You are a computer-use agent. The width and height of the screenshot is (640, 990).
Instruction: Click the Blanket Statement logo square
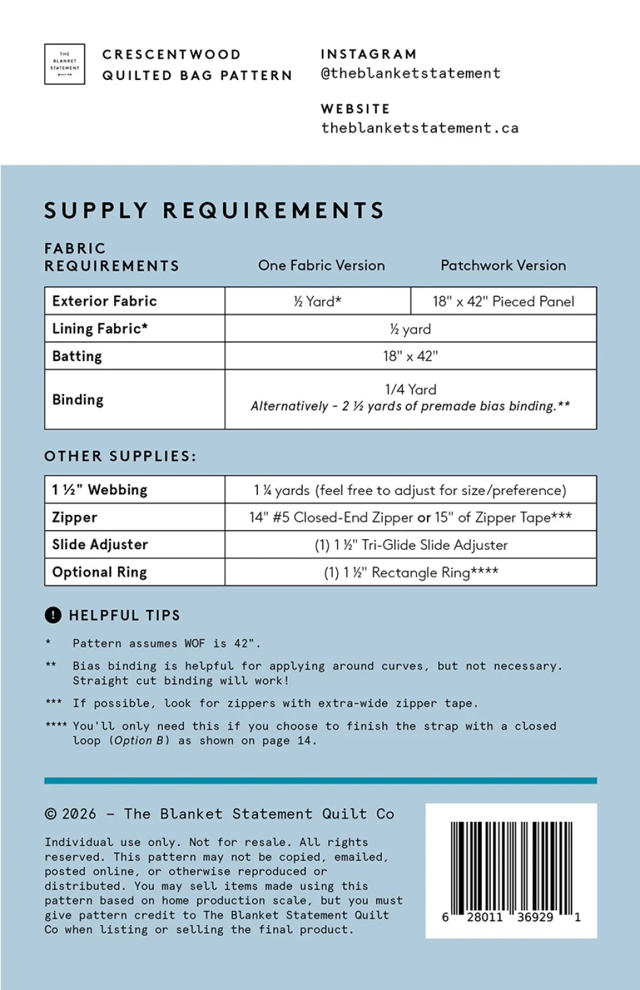pos(65,64)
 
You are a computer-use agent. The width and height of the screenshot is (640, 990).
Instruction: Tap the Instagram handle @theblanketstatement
pos(410,73)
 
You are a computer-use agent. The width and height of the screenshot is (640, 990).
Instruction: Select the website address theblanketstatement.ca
pos(420,128)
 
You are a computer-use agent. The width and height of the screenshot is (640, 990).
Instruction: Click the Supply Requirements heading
pos(214,211)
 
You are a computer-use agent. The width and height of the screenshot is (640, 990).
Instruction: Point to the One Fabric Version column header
pos(321,265)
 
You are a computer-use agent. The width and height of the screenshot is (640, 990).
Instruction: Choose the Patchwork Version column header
pos(503,265)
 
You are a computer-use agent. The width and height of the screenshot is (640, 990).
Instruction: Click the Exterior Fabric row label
pos(104,301)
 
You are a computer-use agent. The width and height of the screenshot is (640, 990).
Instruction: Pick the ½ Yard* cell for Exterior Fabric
pos(317,301)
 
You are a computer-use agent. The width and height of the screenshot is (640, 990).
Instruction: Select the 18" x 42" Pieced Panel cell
pos(503,301)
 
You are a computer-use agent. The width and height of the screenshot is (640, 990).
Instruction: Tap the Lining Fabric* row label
pos(100,329)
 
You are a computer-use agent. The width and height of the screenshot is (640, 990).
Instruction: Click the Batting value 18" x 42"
pos(410,356)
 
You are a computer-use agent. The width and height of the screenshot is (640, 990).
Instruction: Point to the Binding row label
pos(78,400)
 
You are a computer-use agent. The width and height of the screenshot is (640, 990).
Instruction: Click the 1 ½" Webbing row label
pos(100,490)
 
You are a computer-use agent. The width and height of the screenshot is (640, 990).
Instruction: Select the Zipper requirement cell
pos(410,517)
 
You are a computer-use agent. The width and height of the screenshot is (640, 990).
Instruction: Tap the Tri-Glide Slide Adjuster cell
pos(410,545)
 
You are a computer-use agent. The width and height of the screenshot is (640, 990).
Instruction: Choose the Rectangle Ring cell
pos(410,572)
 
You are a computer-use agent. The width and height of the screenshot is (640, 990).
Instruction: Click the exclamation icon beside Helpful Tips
pos(53,615)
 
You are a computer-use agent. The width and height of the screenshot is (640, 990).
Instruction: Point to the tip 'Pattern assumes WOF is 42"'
pos(166,643)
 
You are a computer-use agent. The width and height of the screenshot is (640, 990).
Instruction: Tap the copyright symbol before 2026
pos(51,814)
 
